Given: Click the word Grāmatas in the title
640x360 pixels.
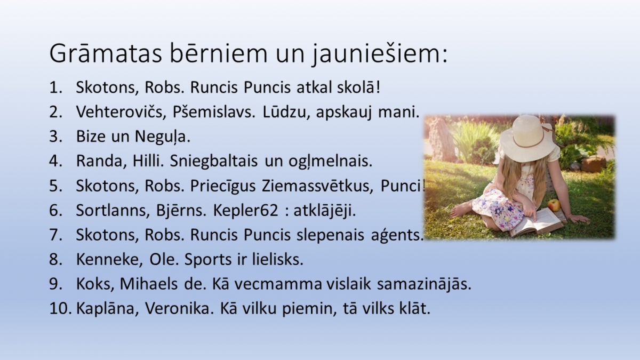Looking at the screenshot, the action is (106, 53).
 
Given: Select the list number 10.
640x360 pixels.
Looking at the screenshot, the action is (60, 309).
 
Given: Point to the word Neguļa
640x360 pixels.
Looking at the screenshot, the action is (162, 137).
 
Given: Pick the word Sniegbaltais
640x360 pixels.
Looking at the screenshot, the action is (214, 162).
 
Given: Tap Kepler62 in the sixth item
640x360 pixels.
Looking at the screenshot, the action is (245, 211).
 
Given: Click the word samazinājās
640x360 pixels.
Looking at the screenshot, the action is (424, 285).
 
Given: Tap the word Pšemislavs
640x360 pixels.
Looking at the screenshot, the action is (214, 112).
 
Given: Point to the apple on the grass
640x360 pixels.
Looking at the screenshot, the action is (554, 205).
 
